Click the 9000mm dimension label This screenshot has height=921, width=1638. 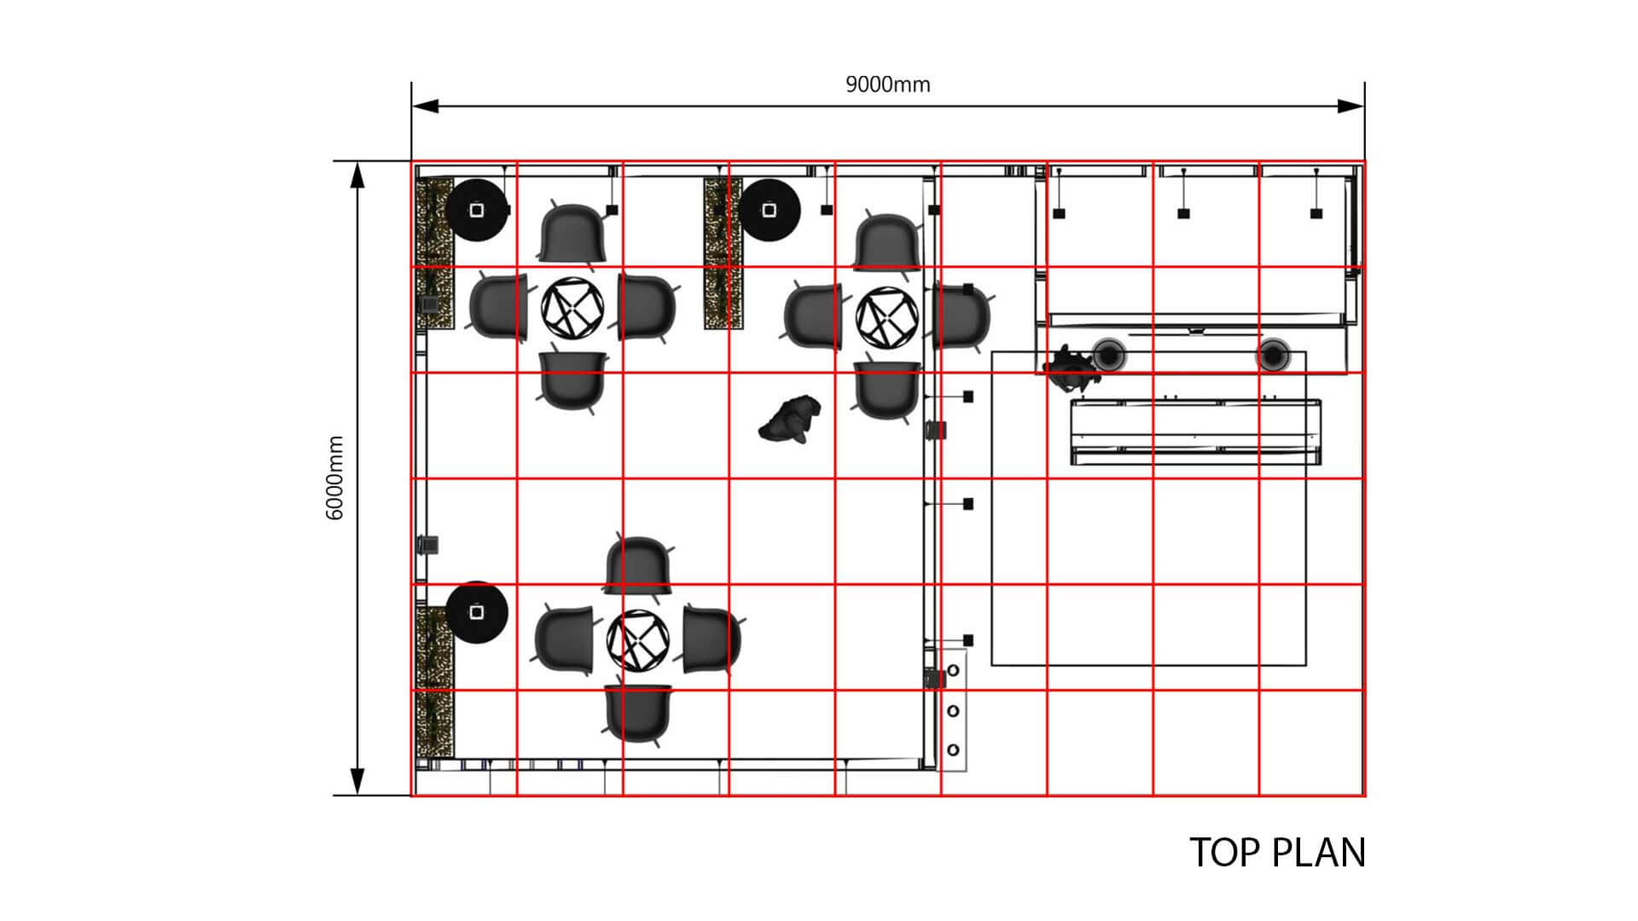[887, 84]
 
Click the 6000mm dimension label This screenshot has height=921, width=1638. [334, 478]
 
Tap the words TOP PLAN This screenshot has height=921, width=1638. [1277, 853]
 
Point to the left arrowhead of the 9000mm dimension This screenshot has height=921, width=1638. [425, 106]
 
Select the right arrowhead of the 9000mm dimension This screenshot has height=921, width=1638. [1350, 106]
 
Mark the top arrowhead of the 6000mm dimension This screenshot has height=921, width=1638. [357, 175]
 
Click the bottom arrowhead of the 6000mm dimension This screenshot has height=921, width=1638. [357, 781]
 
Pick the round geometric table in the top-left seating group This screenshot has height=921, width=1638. [572, 307]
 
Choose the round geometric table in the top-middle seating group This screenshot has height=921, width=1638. [887, 317]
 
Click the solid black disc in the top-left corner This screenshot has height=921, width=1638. [477, 210]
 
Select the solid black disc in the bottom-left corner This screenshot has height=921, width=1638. [477, 612]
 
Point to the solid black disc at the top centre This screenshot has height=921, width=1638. [769, 210]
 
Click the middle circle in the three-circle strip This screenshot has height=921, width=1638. [953, 711]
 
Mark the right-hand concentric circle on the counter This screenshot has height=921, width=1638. [1272, 354]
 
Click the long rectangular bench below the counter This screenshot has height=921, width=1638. [1196, 432]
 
